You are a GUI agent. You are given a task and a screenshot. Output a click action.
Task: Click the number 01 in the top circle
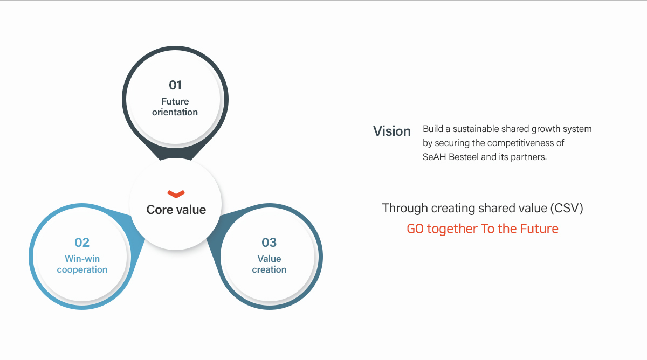pyautogui.click(x=175, y=85)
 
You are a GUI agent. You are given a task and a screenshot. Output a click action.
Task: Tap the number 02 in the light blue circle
pyautogui.click(x=82, y=243)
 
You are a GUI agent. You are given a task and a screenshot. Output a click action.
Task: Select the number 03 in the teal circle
pyautogui.click(x=269, y=243)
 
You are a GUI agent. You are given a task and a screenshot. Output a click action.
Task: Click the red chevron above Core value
pyautogui.click(x=176, y=194)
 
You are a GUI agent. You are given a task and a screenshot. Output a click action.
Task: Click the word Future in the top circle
pyautogui.click(x=175, y=101)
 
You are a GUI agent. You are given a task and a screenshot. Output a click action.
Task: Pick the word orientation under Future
pyautogui.click(x=175, y=112)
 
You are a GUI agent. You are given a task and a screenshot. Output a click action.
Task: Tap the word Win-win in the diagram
pyautogui.click(x=82, y=259)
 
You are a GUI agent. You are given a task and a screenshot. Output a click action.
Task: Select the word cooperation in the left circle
pyautogui.click(x=82, y=269)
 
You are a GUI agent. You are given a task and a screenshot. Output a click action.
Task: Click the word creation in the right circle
pyautogui.click(x=269, y=269)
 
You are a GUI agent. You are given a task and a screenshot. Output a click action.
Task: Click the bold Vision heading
pyautogui.click(x=392, y=131)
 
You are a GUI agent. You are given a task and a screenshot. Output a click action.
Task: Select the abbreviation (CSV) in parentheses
pyautogui.click(x=567, y=208)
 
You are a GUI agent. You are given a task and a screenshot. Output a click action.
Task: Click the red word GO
pyautogui.click(x=415, y=229)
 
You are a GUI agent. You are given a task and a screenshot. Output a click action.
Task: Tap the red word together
pyautogui.click(x=452, y=229)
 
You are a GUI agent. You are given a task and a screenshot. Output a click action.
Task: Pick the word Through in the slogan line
pyautogui.click(x=405, y=209)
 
